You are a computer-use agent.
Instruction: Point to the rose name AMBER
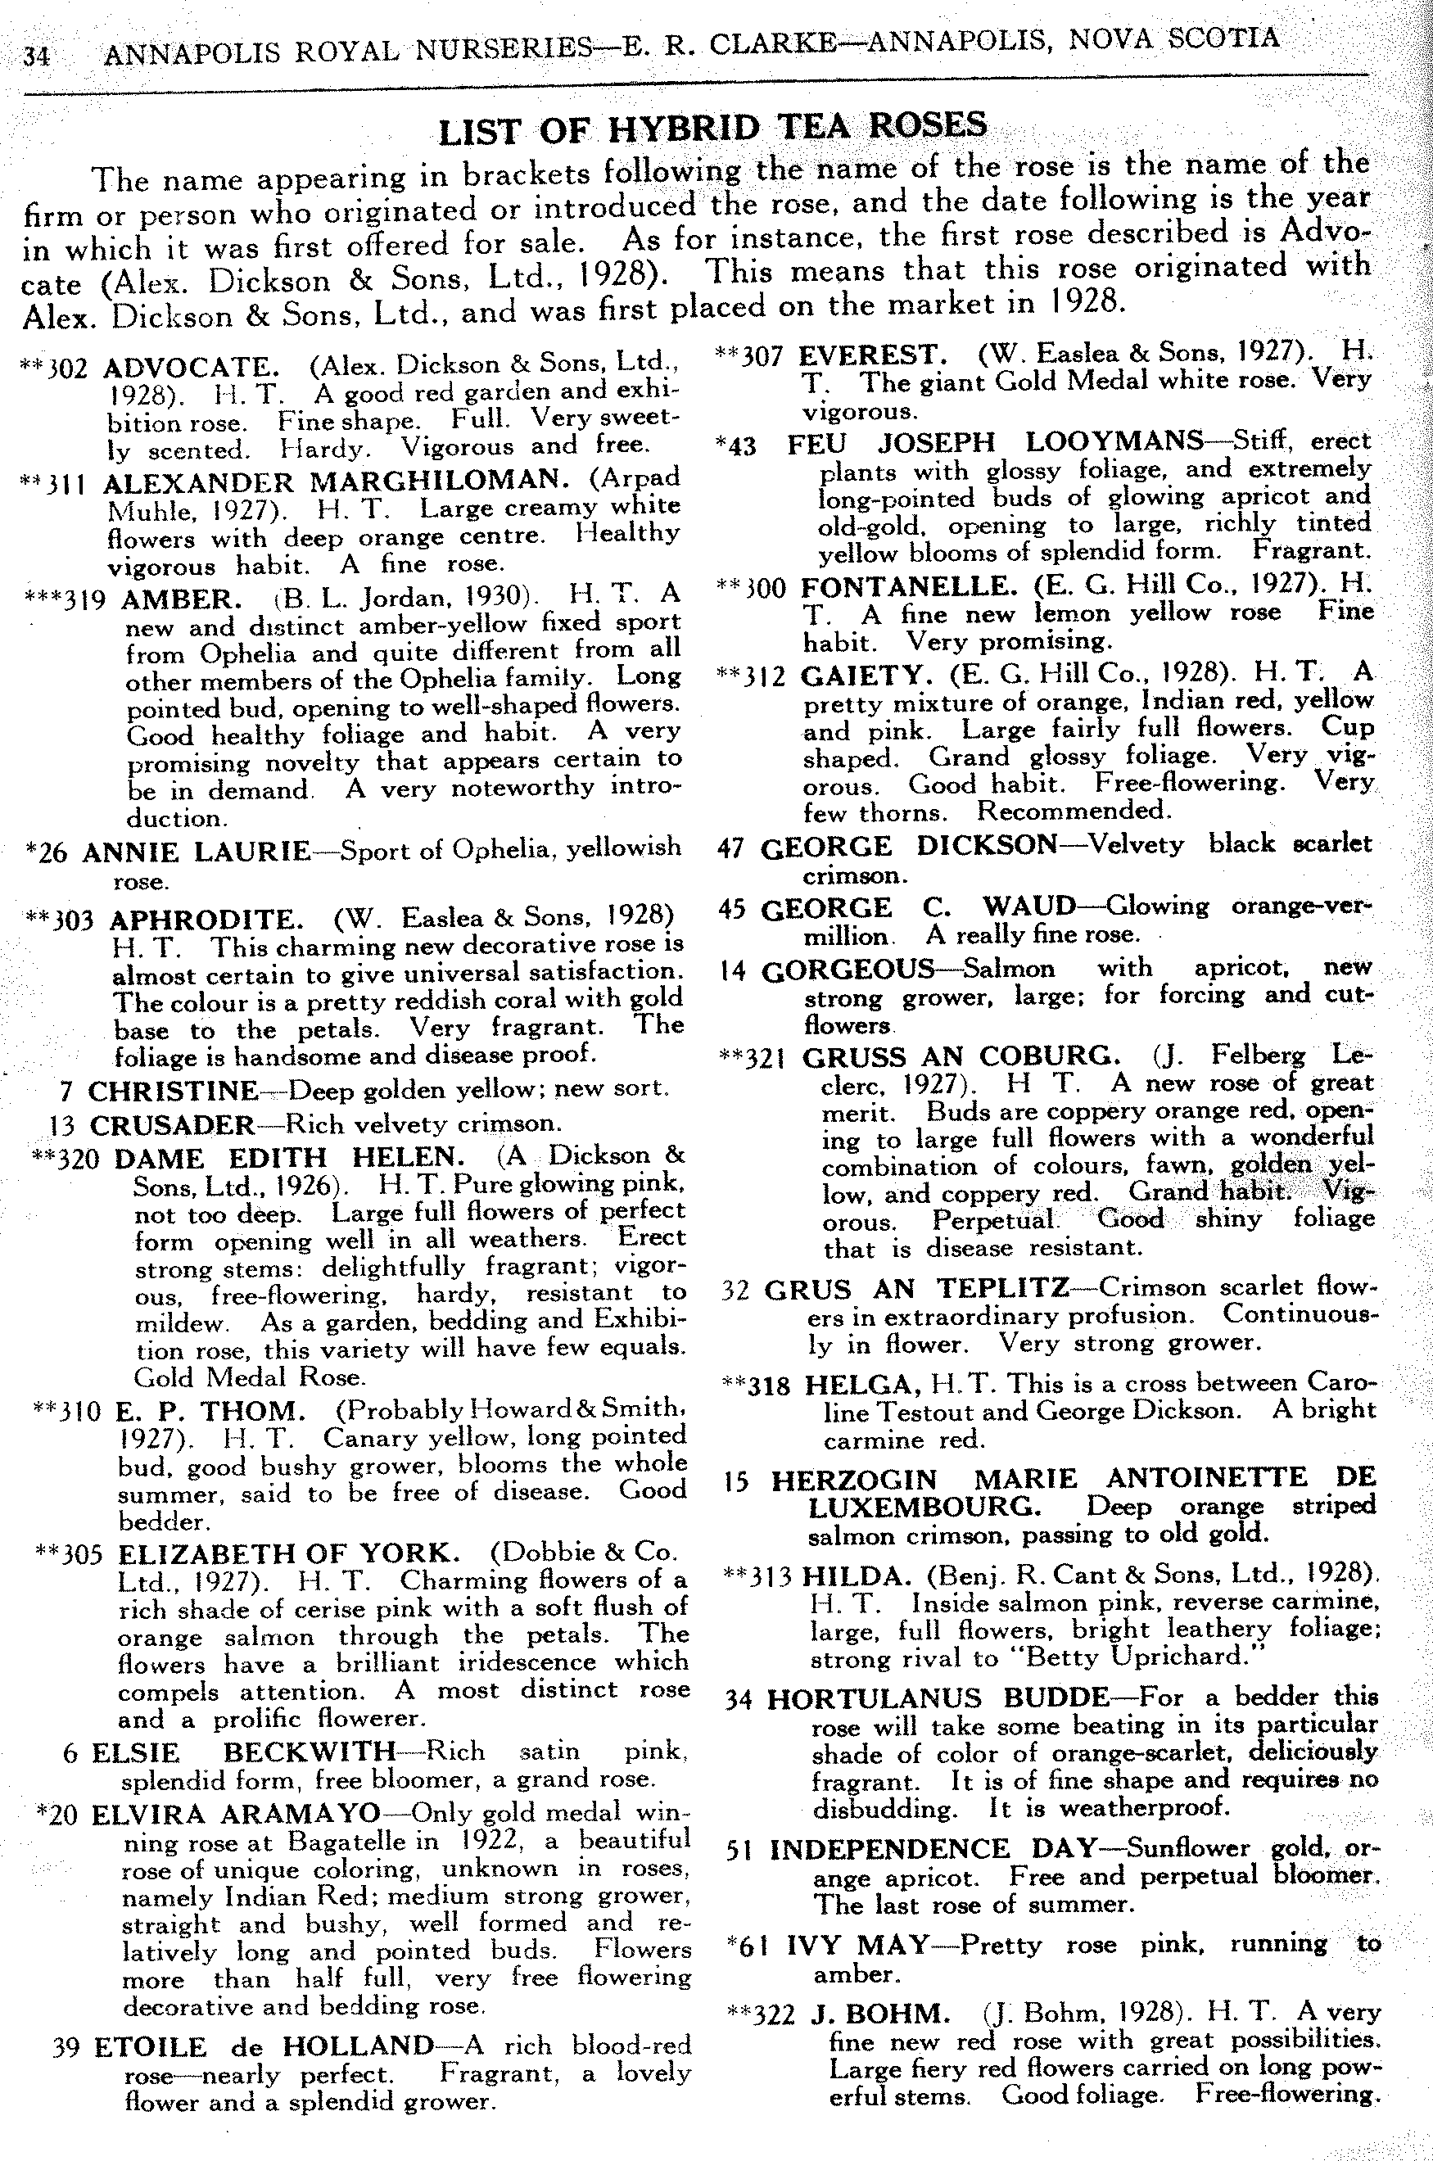pos(181,599)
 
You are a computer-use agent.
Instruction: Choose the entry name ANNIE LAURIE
pos(197,852)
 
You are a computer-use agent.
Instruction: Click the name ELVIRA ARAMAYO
pos(236,1812)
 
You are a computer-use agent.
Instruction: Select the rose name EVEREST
pos(874,354)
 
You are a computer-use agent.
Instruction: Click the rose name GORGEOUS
pos(848,970)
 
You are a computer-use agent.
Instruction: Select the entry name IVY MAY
pos(857,1946)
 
